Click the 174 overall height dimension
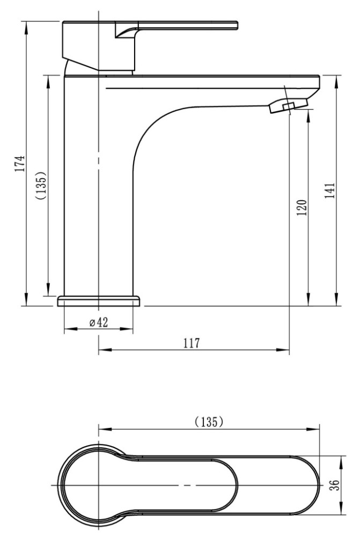21,163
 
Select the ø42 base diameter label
99,322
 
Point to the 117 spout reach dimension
192,343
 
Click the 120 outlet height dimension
302,207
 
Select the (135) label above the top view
209,422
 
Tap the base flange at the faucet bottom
99,301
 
